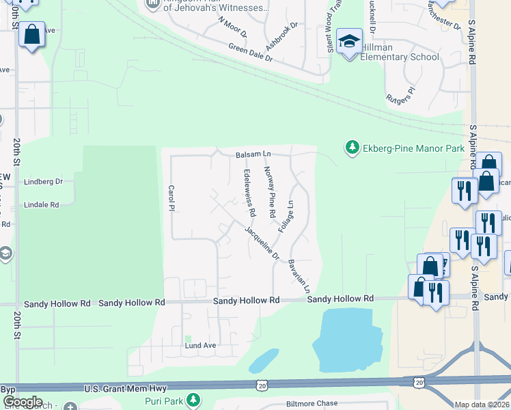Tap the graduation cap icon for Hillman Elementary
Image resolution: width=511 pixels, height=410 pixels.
pyautogui.click(x=349, y=42)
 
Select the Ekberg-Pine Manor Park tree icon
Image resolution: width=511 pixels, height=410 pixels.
pyautogui.click(x=352, y=148)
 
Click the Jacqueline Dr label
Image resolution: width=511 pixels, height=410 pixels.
pyautogui.click(x=262, y=243)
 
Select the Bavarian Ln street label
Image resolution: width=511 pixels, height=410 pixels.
pyautogui.click(x=299, y=275)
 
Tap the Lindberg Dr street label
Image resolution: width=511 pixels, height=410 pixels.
pyautogui.click(x=43, y=182)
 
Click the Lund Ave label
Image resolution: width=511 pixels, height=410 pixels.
pyautogui.click(x=200, y=346)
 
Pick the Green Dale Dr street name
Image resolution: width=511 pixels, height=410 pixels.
pyautogui.click(x=250, y=53)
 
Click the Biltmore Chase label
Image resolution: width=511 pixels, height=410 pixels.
pyautogui.click(x=312, y=404)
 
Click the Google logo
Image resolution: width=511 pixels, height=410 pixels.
pyautogui.click(x=23, y=402)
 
